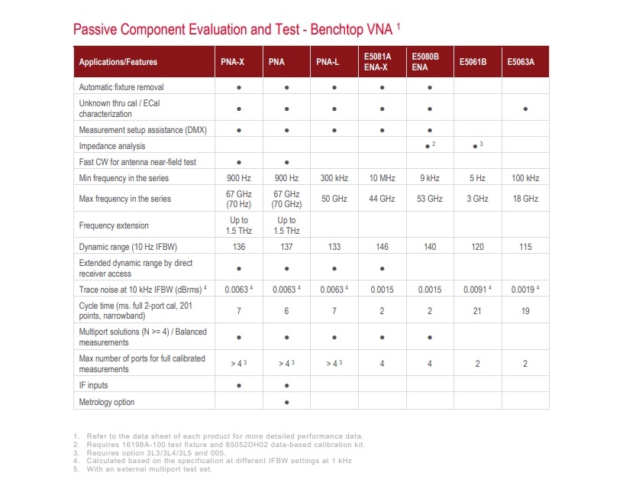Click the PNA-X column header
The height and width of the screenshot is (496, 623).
[x=232, y=62]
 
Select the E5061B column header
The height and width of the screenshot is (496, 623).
[x=473, y=62]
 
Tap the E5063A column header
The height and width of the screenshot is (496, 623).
[x=521, y=62]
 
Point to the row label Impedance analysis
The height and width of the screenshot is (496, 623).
[x=112, y=145]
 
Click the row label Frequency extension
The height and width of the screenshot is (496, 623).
[x=114, y=225]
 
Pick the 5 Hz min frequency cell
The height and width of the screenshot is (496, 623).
[x=477, y=178]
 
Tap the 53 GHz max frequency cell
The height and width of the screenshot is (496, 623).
[x=430, y=199]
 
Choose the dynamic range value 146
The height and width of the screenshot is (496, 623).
[x=382, y=247]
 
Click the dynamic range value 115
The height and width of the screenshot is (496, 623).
[x=525, y=247]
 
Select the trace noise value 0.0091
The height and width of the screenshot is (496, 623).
[x=476, y=290]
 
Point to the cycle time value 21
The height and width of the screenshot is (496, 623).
[x=477, y=311]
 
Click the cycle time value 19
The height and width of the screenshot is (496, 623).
[x=525, y=311]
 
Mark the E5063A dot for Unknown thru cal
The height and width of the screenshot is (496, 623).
[x=525, y=109]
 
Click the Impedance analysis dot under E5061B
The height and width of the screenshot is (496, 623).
[x=475, y=145]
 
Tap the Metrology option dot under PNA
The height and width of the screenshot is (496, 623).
[x=286, y=401]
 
